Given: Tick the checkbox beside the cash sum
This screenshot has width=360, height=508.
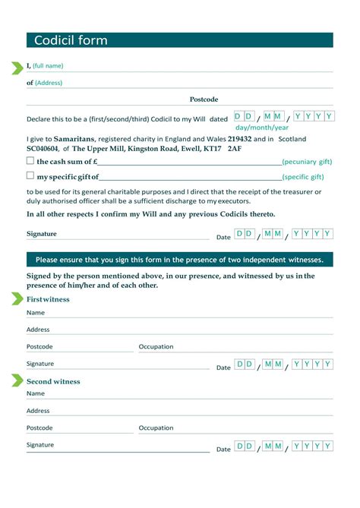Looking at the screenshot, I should [30, 161].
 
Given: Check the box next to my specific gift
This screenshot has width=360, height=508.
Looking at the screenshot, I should [30, 176].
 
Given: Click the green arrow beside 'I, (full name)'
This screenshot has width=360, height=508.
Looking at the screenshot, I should [17, 68].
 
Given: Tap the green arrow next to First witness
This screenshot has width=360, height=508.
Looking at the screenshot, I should [17, 298].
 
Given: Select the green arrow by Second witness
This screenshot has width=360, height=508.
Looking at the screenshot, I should [17, 380].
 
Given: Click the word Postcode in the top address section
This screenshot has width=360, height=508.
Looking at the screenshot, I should [204, 99].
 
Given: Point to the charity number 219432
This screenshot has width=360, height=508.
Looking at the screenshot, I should [240, 139].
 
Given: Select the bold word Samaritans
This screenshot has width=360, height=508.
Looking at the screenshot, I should [74, 139].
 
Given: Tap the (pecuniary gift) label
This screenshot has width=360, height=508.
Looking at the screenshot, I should [307, 162].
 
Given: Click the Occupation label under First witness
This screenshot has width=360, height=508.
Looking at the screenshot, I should [156, 346].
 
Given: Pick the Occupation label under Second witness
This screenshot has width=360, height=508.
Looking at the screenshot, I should [156, 428].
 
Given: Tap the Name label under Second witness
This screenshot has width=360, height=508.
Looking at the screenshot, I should [36, 393].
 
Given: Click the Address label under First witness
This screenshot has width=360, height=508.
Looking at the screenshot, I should [38, 330].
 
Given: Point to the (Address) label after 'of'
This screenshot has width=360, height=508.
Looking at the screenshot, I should [49, 83].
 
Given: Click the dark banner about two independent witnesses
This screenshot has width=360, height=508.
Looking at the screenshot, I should [179, 260].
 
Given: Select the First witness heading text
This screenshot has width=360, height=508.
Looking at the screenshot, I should [48, 299].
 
